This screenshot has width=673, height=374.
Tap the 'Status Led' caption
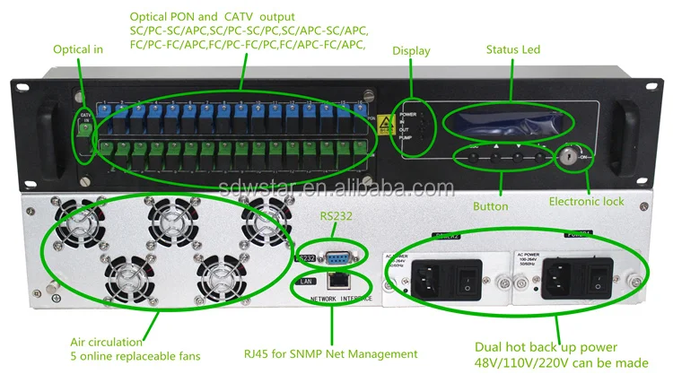[x=513, y=50]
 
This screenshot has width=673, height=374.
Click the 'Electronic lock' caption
[x=587, y=202]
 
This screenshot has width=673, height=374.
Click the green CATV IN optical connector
[x=86, y=128]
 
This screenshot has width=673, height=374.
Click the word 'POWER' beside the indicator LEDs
[x=408, y=116]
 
